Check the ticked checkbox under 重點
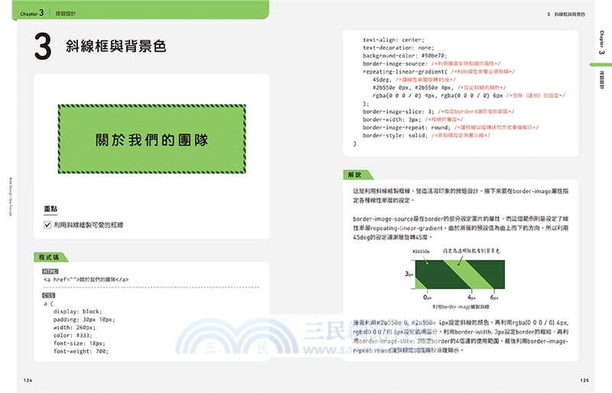pos(47,225)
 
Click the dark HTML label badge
pos(50,271)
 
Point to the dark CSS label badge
pos(49,295)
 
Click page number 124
pos(28,380)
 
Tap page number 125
pos(584,380)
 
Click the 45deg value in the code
pos(380,80)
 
